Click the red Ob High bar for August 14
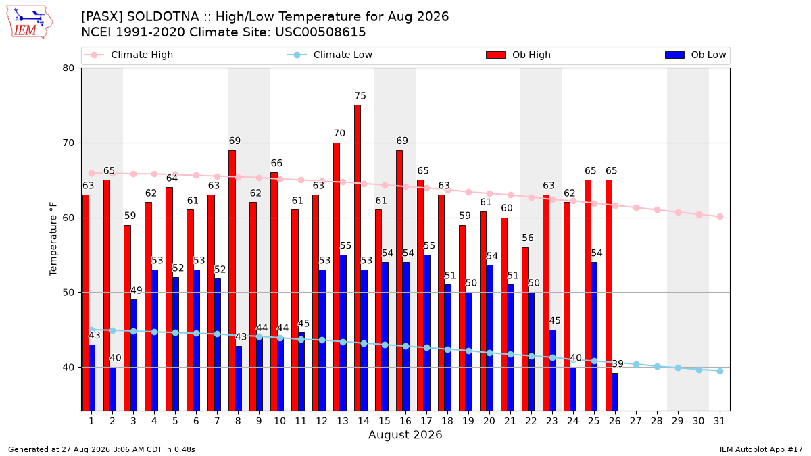click(x=358, y=257)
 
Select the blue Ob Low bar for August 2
click(x=113, y=389)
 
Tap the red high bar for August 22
click(x=525, y=329)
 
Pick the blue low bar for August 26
click(x=615, y=392)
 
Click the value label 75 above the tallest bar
click(x=360, y=96)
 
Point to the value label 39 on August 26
click(x=618, y=363)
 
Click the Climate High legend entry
click(x=129, y=55)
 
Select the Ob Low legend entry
click(x=695, y=55)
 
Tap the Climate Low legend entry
click(x=330, y=55)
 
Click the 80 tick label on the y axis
click(x=68, y=68)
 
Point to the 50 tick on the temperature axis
click(x=68, y=293)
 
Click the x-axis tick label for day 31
click(x=719, y=421)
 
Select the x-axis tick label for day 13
click(x=343, y=421)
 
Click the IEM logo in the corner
click(x=30, y=22)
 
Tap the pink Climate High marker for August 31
click(x=720, y=216)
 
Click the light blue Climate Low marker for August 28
click(x=657, y=367)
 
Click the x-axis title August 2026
click(x=405, y=434)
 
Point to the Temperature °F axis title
click(x=53, y=239)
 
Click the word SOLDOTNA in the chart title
click(x=163, y=17)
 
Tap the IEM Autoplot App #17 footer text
click(x=761, y=449)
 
